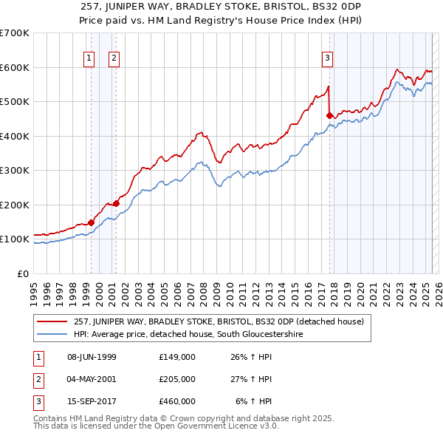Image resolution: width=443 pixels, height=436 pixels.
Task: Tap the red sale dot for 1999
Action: pos(91,222)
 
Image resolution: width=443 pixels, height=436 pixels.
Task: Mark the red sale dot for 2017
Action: pos(329,115)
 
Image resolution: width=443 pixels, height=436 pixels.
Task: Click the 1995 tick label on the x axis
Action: pos(34,289)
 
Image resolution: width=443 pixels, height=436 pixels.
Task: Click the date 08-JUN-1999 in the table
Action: pos(92,357)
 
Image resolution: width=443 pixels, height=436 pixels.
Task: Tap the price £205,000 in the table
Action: pos(176,379)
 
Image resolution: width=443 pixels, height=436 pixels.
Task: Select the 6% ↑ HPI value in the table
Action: pos(254,401)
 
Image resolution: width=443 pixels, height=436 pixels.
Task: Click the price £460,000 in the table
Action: pos(176,401)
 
